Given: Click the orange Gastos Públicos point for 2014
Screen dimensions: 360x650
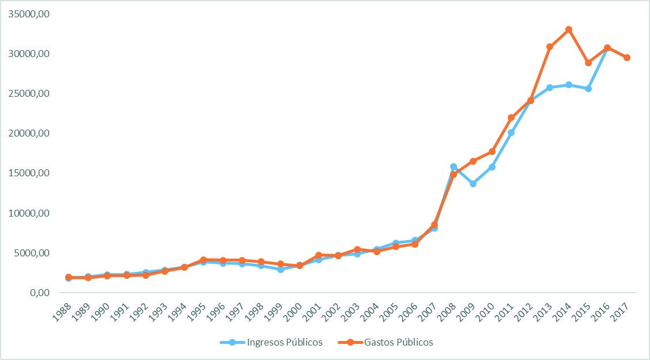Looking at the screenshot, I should [x=569, y=29].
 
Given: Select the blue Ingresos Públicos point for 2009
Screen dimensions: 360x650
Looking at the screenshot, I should [x=473, y=184].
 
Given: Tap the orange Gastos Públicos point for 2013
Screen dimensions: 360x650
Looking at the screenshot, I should [x=550, y=47].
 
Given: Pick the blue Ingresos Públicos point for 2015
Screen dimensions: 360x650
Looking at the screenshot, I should [x=588, y=89].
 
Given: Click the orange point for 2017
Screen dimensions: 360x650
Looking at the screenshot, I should [x=627, y=58].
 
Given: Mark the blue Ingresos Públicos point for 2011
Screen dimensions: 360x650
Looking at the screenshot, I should [x=511, y=132].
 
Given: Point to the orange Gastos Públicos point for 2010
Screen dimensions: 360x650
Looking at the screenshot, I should [x=492, y=151].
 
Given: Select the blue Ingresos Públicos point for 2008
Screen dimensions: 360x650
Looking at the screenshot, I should [x=454, y=166].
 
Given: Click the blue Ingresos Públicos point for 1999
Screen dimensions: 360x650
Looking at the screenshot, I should [x=280, y=269].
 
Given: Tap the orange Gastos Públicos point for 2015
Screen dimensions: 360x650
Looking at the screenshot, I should [x=588, y=62].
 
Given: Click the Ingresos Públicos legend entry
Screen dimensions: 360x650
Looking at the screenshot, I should [x=271, y=342].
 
